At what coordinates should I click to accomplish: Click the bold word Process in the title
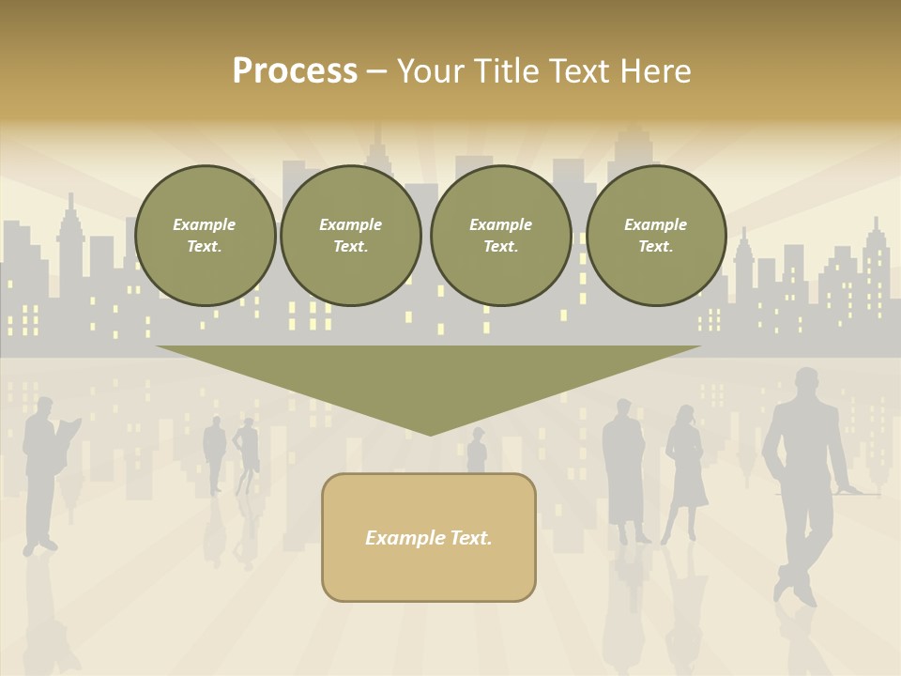tap(295, 71)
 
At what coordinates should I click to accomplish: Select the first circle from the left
tap(206, 235)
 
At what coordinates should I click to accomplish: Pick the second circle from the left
tap(351, 235)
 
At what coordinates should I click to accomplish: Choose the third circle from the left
tap(501, 235)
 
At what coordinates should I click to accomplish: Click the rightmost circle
tap(656, 235)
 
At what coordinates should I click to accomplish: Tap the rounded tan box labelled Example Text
tap(429, 537)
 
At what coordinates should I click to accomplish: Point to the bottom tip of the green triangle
tap(430, 434)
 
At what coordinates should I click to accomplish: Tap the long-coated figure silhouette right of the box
tap(625, 469)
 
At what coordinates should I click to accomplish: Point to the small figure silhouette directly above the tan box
tap(477, 452)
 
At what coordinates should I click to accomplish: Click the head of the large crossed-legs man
tap(806, 382)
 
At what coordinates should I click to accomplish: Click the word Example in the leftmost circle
tap(204, 224)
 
